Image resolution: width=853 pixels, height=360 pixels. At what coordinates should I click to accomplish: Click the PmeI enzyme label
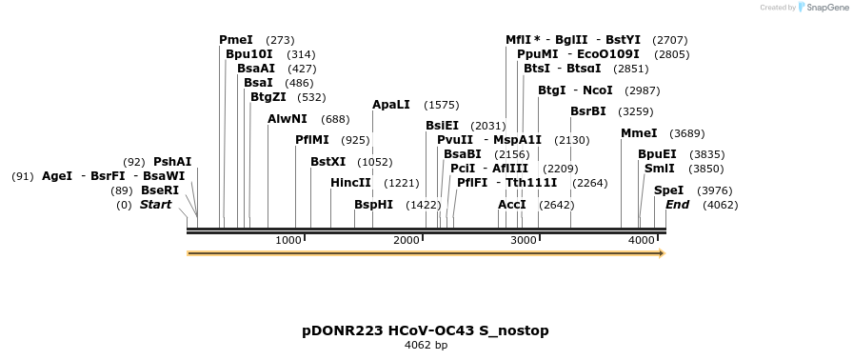point(236,40)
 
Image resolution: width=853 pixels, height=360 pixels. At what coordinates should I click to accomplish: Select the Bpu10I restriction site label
point(249,54)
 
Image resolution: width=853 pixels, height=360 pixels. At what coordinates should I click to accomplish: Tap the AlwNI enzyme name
point(288,119)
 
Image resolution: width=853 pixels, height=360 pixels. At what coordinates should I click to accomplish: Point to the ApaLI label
point(391,105)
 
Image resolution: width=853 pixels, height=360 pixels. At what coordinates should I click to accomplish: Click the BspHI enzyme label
point(373,205)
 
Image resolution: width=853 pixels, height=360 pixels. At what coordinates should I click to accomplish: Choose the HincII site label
point(350,183)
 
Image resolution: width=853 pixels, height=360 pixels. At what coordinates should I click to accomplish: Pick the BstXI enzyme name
point(328,162)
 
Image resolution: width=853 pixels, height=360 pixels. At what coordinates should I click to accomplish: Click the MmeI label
point(639,133)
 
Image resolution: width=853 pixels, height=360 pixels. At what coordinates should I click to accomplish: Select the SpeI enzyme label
point(668,190)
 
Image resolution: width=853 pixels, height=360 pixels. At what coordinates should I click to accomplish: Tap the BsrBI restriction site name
point(588,111)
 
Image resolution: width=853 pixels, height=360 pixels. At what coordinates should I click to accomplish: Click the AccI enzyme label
point(512,205)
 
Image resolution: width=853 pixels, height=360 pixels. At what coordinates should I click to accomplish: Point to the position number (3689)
point(687,133)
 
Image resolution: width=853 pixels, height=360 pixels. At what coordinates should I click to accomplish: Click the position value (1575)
point(442,105)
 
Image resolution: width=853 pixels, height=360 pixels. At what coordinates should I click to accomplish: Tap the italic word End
point(677,205)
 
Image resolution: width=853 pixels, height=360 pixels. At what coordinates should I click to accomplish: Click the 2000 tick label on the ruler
point(407,240)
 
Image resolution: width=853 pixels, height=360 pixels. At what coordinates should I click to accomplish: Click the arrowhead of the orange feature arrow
point(661,253)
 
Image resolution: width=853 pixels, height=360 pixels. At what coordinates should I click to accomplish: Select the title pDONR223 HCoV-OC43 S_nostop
point(426,330)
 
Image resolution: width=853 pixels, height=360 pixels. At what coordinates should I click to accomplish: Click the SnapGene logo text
point(824,8)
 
